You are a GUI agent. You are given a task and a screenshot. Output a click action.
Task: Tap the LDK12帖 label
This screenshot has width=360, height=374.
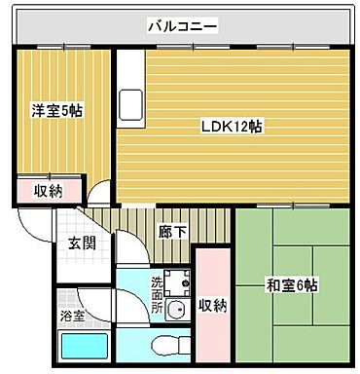[231, 126]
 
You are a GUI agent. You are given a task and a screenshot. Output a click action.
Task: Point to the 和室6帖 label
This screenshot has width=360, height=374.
[292, 285]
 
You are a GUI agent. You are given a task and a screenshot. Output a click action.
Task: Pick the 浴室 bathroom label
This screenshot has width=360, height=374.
[72, 316]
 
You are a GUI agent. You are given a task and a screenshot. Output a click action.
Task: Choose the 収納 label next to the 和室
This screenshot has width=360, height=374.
[212, 306]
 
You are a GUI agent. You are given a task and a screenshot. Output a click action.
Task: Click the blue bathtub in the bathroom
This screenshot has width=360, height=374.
[84, 348]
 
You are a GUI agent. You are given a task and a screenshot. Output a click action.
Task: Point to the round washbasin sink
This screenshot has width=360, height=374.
[176, 312]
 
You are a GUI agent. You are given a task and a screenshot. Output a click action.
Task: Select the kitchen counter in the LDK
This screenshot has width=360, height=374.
[129, 102]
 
